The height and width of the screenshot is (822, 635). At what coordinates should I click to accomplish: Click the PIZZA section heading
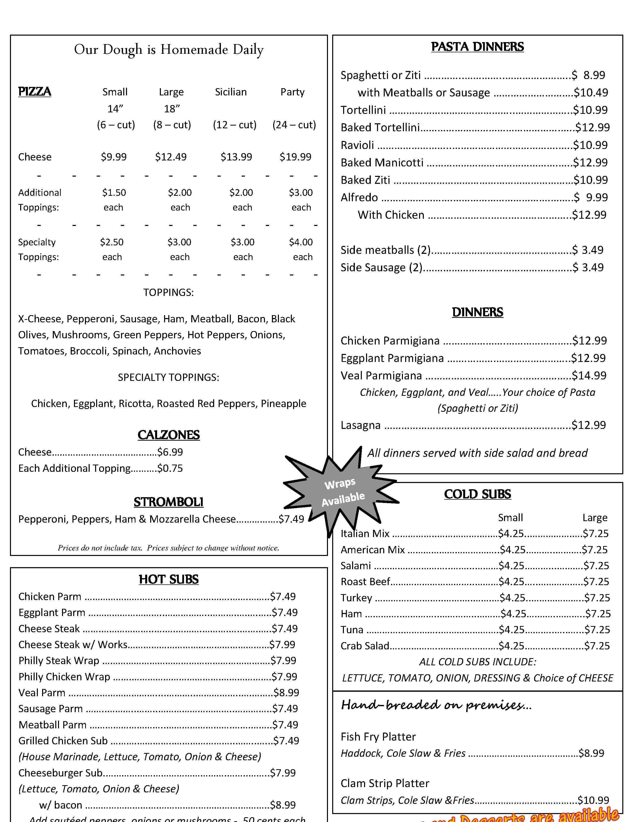(35, 92)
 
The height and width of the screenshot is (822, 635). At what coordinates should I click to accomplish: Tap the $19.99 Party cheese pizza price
(295, 157)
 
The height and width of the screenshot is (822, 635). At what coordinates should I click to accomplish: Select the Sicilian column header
(231, 92)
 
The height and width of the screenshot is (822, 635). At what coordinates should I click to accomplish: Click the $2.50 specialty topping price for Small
(112, 242)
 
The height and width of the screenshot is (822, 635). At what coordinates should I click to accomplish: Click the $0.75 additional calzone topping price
(170, 468)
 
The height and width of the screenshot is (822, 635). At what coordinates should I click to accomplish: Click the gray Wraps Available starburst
(341, 492)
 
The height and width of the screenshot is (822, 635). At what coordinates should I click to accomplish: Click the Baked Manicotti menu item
(382, 163)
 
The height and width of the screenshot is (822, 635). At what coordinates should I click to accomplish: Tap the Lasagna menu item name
(360, 425)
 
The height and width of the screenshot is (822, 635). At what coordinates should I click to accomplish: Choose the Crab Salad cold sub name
(365, 646)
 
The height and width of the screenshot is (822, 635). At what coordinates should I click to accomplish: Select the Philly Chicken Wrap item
(64, 677)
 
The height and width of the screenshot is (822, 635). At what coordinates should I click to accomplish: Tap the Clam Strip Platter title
(385, 783)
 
